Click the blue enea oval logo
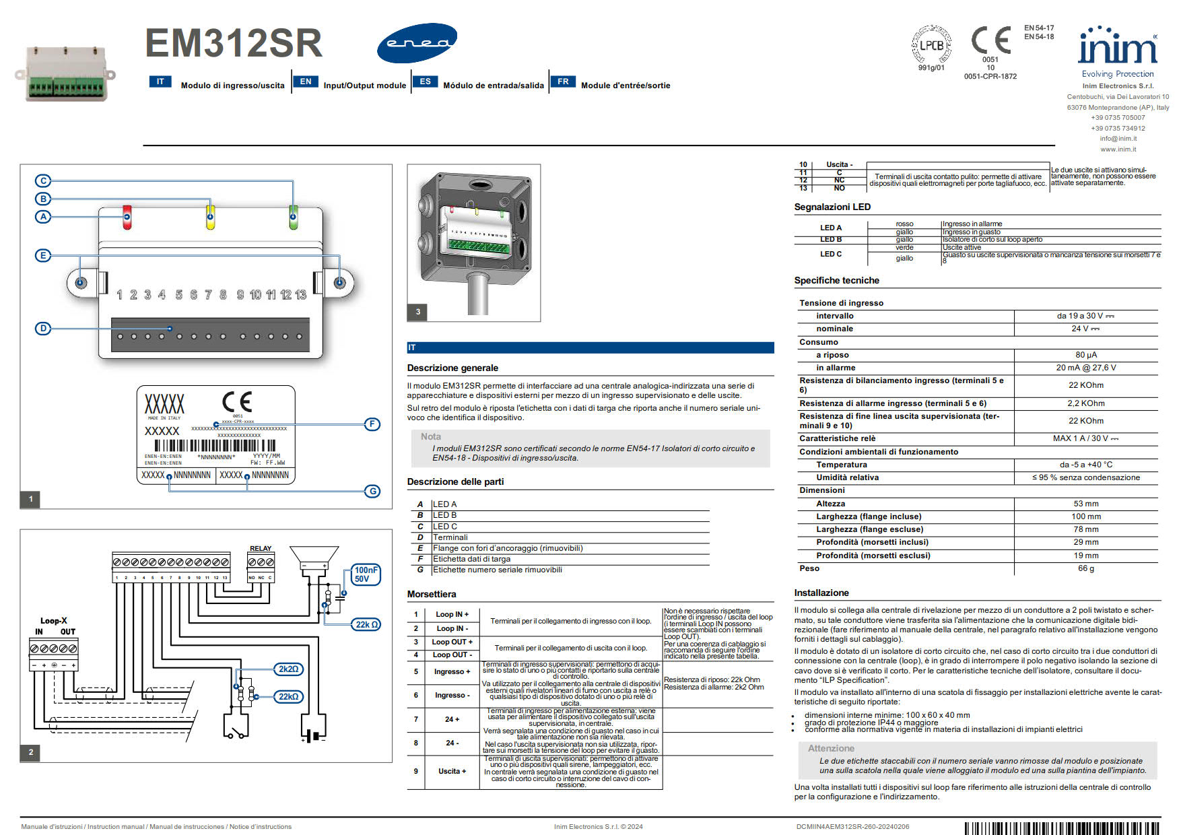click(x=417, y=43)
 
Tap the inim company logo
click(x=1117, y=46)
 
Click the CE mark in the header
click(x=990, y=40)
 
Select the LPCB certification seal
click(x=931, y=45)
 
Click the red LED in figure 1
click(x=127, y=217)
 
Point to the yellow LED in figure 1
click(x=210, y=217)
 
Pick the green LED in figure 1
click(x=293, y=217)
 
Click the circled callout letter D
click(x=43, y=329)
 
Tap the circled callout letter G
click(x=372, y=492)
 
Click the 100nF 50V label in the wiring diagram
click(x=366, y=574)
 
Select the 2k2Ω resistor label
click(x=289, y=669)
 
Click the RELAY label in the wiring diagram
click(x=261, y=548)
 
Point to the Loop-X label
click(x=54, y=621)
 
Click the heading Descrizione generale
click(x=452, y=368)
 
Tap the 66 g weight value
click(x=1085, y=568)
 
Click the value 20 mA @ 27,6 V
click(x=1085, y=368)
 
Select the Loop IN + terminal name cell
click(x=452, y=614)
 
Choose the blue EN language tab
click(x=306, y=81)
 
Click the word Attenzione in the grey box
click(x=831, y=748)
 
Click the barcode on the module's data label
click(x=215, y=445)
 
